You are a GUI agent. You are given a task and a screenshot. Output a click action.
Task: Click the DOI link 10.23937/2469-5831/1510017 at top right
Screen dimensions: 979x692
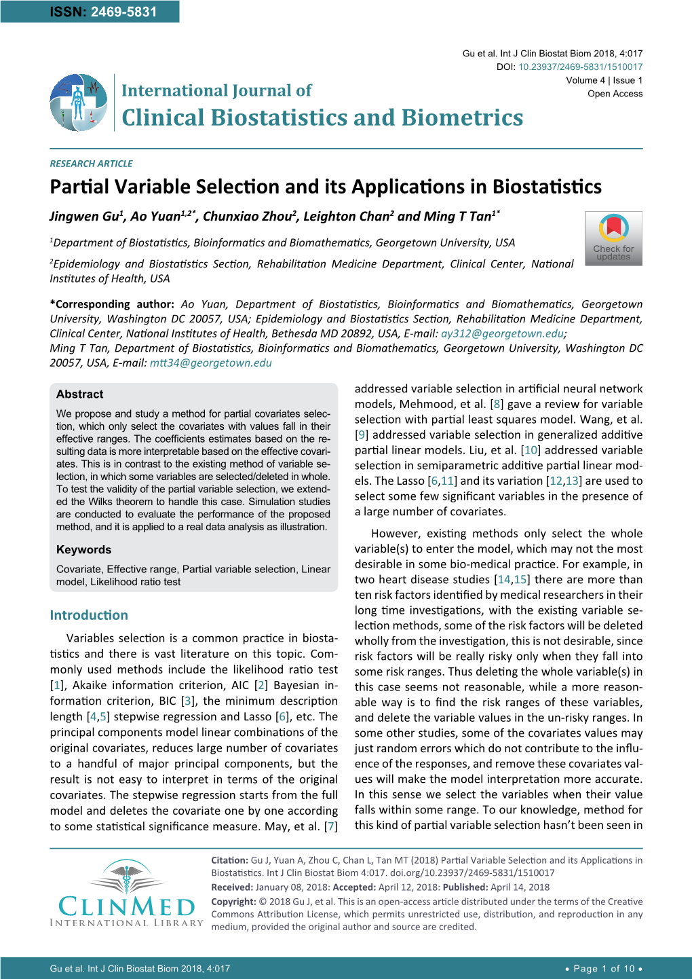coord(580,67)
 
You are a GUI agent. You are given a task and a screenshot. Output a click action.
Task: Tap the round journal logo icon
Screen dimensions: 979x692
coord(79,103)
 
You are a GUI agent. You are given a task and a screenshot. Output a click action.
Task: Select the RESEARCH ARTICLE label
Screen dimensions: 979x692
coord(91,164)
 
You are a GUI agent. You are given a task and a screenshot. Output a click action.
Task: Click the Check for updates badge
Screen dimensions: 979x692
coord(613,238)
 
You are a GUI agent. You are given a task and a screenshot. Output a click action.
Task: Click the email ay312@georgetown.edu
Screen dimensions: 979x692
coord(502,333)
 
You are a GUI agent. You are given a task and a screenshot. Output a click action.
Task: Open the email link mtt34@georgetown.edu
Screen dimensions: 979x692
coord(210,363)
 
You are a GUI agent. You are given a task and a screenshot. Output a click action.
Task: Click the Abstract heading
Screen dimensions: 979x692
coord(80,394)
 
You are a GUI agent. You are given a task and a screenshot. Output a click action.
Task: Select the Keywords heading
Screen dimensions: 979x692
coord(84,550)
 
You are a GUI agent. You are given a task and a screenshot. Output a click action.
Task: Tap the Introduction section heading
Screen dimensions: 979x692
coord(89,615)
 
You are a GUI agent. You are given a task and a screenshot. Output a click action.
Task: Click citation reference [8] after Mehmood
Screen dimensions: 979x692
coord(497,404)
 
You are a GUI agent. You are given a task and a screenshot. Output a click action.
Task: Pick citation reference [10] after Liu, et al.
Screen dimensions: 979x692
coord(531,450)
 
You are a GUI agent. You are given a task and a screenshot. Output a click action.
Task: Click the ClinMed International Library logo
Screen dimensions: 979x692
coord(126,893)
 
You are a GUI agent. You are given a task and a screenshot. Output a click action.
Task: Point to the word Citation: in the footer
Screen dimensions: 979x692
coord(229,860)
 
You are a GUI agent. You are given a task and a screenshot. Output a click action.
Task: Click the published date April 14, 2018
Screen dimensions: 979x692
coord(520,887)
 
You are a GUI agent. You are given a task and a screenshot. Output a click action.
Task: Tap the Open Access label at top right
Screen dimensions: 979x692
coord(615,94)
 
